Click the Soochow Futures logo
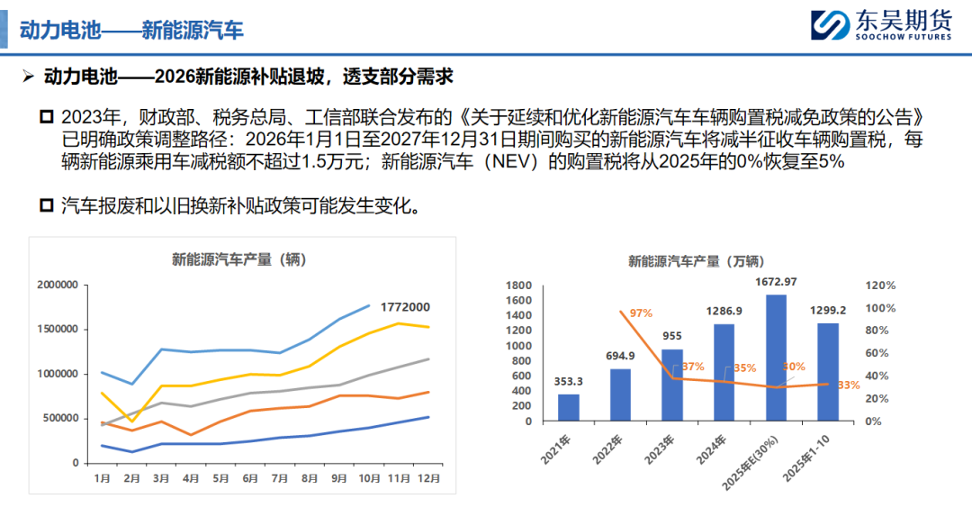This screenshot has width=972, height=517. [880, 25]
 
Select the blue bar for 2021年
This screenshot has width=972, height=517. [569, 407]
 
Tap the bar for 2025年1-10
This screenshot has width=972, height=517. [828, 371]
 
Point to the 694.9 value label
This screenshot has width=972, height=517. [621, 356]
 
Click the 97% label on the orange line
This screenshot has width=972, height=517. [641, 313]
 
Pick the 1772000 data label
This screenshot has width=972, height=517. [404, 306]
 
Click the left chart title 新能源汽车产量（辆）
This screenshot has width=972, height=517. [239, 260]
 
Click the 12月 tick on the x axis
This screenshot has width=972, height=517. [430, 478]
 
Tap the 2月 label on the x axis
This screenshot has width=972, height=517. [132, 478]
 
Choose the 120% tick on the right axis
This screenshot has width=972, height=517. [881, 286]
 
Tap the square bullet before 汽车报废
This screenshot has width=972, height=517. [47, 206]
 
